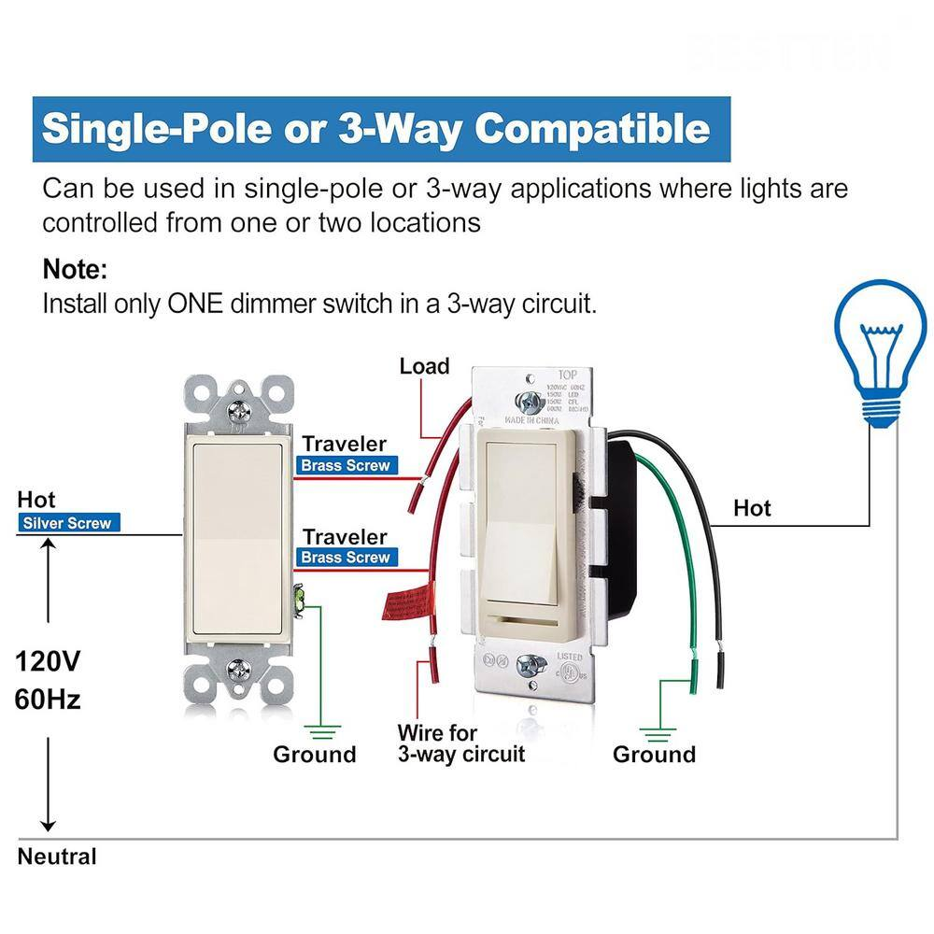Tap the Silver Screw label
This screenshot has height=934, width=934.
click(69, 523)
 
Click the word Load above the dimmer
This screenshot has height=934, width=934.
click(424, 366)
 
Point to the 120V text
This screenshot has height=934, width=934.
click(48, 661)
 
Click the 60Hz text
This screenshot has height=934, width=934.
click(48, 698)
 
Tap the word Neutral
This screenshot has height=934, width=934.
click(57, 856)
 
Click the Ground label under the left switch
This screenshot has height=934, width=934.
click(315, 754)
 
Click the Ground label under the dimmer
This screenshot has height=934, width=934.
click(654, 754)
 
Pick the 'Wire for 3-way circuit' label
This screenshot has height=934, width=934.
click(460, 743)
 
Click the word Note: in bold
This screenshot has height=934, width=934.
click(76, 271)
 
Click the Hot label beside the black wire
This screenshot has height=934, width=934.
click(752, 507)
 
